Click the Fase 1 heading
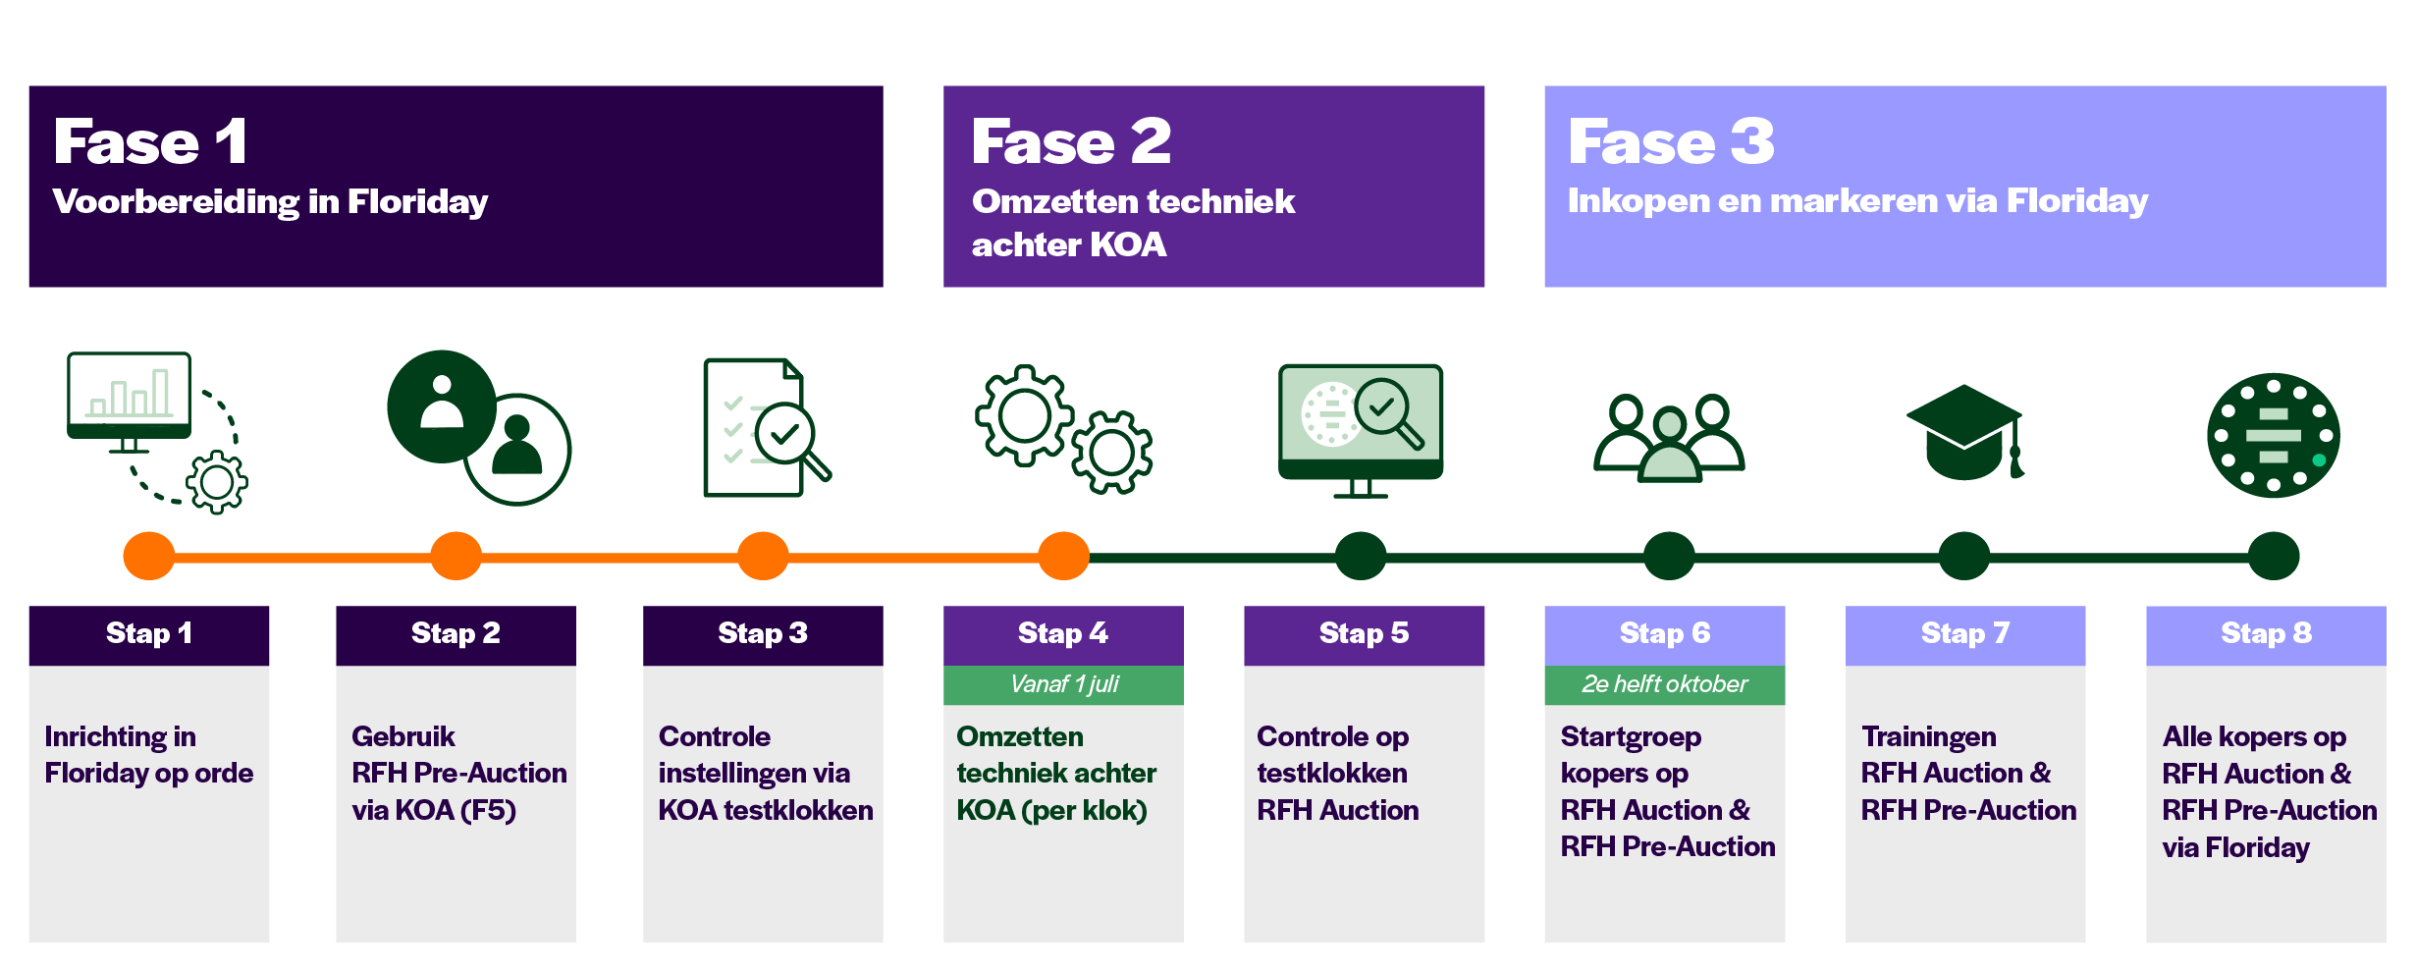[150, 141]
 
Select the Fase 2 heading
[1071, 141]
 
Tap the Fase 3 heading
[1671, 141]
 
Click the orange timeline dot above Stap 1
[149, 556]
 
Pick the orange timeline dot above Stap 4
[1064, 556]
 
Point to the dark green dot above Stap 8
[2274, 556]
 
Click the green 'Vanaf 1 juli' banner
[1063, 684]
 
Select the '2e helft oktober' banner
[1665, 684]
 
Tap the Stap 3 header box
[763, 635]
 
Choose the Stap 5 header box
[1365, 635]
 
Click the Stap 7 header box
[1965, 635]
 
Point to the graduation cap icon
[1965, 432]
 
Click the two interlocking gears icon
[1063, 429]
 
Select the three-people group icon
[1669, 438]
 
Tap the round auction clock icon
[2274, 435]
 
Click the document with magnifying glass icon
[767, 428]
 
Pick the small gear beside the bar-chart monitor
[217, 482]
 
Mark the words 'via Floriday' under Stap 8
[2235, 847]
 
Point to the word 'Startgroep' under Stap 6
[1631, 737]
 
